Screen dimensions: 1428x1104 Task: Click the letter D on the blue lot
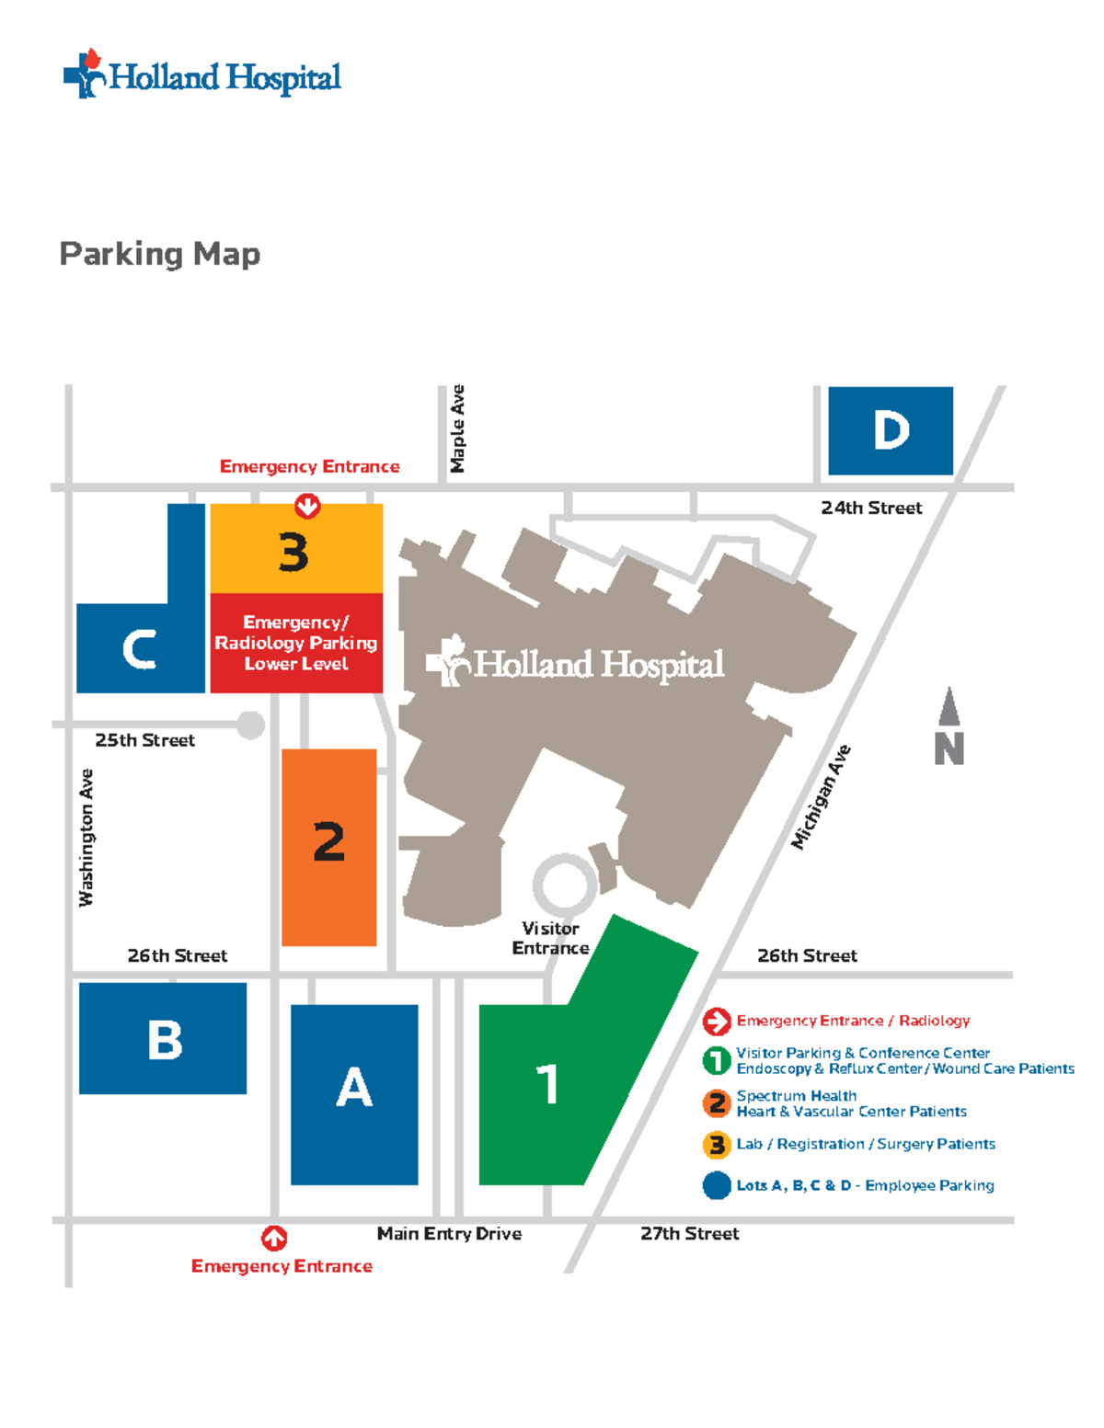891,430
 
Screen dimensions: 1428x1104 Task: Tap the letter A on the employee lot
354,1089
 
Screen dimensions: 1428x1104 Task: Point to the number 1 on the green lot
547,1084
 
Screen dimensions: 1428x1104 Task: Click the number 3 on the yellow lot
293,553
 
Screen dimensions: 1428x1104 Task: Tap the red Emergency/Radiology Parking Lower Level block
296,643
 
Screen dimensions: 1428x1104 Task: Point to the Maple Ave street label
457,428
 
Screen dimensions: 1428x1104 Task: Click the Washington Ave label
86,838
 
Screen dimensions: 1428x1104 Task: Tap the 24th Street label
870,508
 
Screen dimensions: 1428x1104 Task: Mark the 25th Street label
144,740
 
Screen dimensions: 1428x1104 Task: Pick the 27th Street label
689,1234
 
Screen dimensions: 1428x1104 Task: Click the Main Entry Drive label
449,1234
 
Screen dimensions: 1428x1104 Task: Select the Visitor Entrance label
550,938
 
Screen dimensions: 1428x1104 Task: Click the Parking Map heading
160,254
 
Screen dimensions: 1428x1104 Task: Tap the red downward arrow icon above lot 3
307,506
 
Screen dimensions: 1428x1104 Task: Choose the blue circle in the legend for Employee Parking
717,1185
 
